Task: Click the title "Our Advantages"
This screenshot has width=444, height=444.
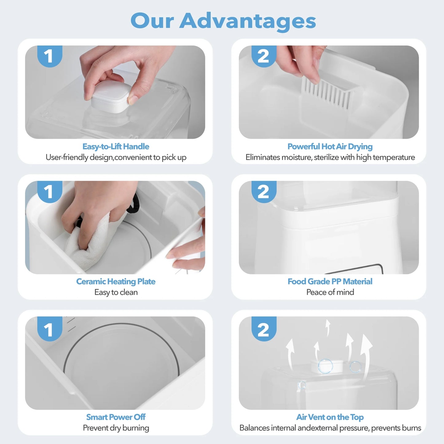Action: (223, 21)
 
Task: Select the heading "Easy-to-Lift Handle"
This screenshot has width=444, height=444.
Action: (116, 147)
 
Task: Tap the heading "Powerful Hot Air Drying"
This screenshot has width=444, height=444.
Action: (330, 147)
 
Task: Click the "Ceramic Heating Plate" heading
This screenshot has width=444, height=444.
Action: (116, 281)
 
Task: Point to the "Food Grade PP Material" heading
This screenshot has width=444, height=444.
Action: (330, 281)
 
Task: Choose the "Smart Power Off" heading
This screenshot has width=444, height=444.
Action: (116, 417)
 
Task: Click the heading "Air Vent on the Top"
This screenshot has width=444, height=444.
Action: (330, 417)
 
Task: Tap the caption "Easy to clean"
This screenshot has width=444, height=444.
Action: (116, 292)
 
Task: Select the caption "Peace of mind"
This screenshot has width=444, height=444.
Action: (330, 292)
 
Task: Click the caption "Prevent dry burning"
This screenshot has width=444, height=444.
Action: (116, 428)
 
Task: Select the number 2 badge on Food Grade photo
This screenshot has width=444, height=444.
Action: (263, 192)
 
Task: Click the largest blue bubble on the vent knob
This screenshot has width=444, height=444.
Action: (325, 366)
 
